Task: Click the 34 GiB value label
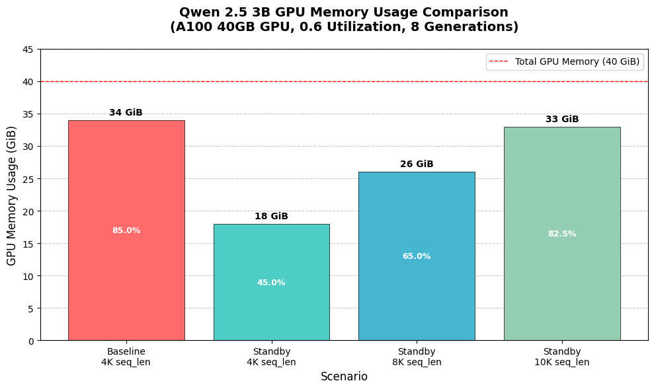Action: pos(126,113)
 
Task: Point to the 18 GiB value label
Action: pos(271,217)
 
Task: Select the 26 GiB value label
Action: pos(417,164)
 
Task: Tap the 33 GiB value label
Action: pos(562,120)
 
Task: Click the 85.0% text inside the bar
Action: pos(126,230)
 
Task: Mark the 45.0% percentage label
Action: pos(271,283)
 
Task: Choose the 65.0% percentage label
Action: pos(417,256)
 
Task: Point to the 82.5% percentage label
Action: pos(562,234)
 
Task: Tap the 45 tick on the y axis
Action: pos(28,50)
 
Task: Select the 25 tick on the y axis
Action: pos(28,179)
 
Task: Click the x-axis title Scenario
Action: pos(344,376)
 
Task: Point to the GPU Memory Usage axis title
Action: pos(12,195)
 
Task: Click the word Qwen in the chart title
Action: pos(198,13)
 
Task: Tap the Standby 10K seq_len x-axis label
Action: pos(562,357)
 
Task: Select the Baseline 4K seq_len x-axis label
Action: pos(126,357)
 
